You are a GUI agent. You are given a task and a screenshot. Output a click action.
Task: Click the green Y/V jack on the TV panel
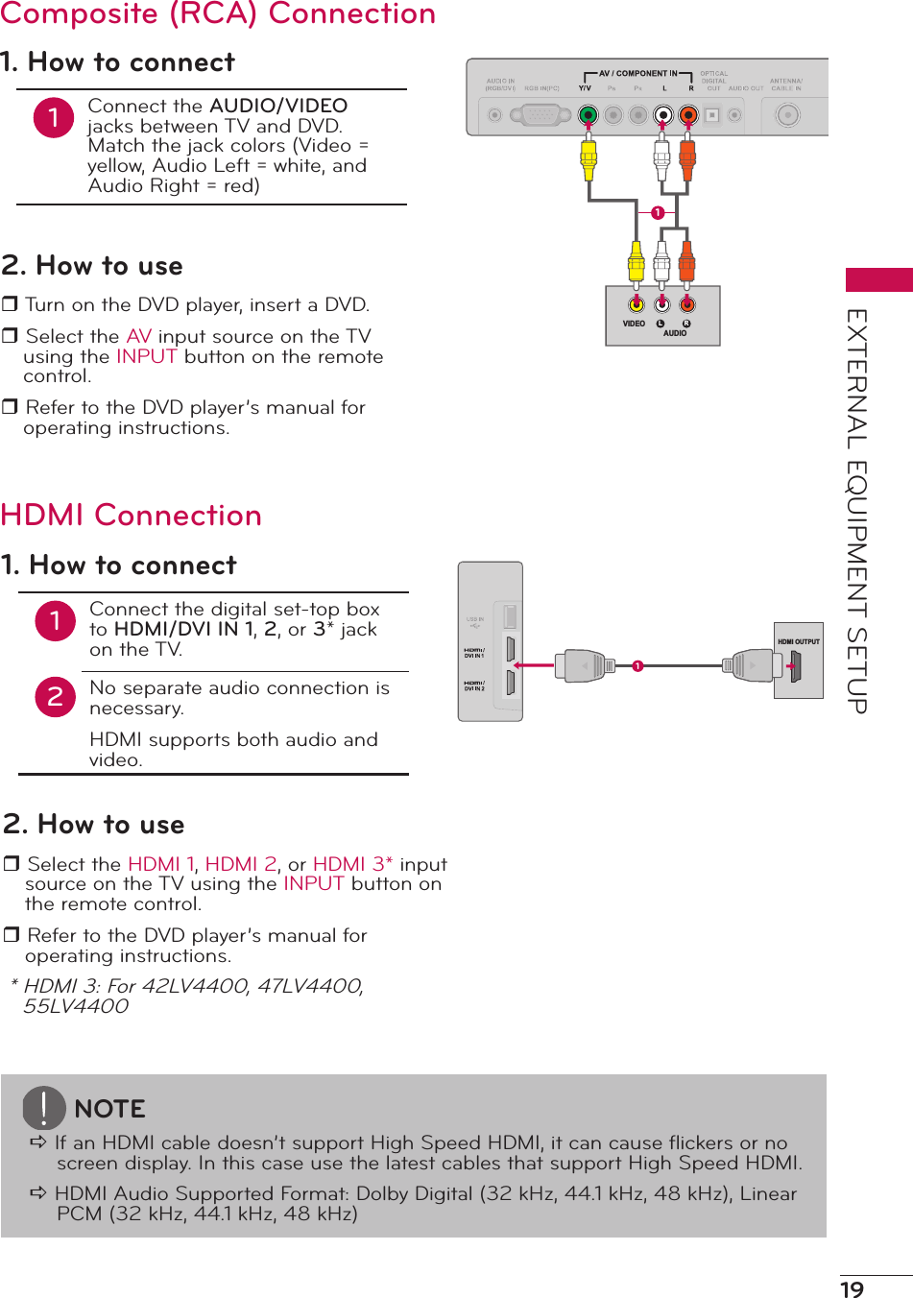(x=589, y=116)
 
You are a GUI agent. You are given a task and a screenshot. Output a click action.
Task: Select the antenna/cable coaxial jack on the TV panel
(x=787, y=116)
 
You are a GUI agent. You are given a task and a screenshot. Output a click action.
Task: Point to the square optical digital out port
(x=712, y=116)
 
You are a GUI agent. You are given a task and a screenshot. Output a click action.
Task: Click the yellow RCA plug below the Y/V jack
(x=589, y=158)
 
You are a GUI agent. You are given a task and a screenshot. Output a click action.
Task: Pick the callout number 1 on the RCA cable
(x=658, y=212)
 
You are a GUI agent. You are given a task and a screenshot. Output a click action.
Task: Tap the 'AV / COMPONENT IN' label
(x=637, y=73)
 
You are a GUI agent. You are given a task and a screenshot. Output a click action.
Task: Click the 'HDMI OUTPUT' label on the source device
(x=799, y=641)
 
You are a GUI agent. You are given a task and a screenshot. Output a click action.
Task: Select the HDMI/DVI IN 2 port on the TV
(x=510, y=683)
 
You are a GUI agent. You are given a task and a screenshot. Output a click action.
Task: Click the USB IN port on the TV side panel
(x=510, y=616)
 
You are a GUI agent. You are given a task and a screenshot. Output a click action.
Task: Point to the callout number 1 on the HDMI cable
(x=637, y=666)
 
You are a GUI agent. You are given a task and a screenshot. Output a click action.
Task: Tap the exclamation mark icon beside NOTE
(x=44, y=1108)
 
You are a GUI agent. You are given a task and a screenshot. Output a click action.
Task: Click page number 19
(x=853, y=1289)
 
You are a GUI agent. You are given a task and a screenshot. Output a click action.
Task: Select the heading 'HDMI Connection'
(x=132, y=516)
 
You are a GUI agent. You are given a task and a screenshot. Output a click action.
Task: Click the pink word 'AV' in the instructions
(x=139, y=336)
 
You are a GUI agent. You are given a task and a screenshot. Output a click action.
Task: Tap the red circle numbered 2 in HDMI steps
(x=56, y=697)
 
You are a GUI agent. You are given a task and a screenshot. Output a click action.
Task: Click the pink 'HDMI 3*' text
(x=352, y=864)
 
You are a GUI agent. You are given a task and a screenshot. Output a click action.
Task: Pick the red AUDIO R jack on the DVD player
(x=687, y=305)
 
